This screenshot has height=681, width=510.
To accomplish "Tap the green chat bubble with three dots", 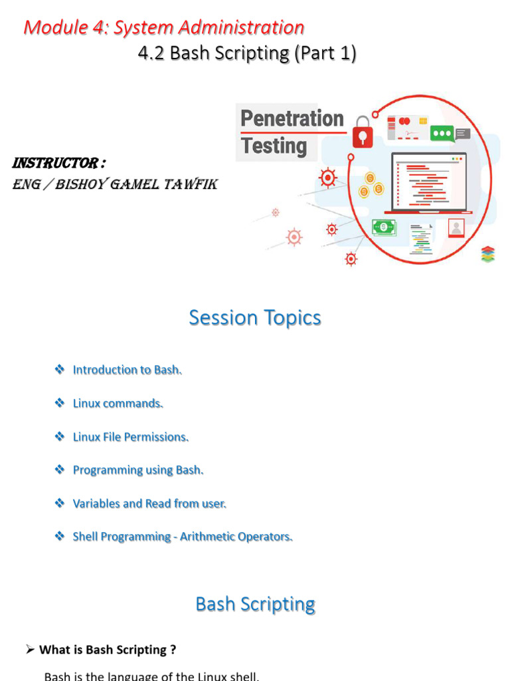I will point(442,133).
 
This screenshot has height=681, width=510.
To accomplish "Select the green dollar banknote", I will point(383,227).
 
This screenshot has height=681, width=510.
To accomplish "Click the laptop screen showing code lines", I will point(429,182).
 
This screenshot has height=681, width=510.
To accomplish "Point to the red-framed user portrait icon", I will point(456,228).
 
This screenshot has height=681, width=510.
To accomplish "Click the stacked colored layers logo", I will point(488,254).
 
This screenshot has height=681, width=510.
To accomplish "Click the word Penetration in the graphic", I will point(292,118).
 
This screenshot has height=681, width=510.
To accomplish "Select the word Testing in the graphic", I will point(274,146).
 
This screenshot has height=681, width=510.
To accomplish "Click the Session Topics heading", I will point(255,318).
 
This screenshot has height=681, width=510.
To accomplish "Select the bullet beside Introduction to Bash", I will point(59,369).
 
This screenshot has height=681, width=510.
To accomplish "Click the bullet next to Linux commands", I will point(59,403).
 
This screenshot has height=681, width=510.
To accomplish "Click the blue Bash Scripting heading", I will point(255,604).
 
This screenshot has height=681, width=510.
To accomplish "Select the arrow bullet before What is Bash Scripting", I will point(30,650).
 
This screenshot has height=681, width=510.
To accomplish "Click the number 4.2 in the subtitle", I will point(152,53).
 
